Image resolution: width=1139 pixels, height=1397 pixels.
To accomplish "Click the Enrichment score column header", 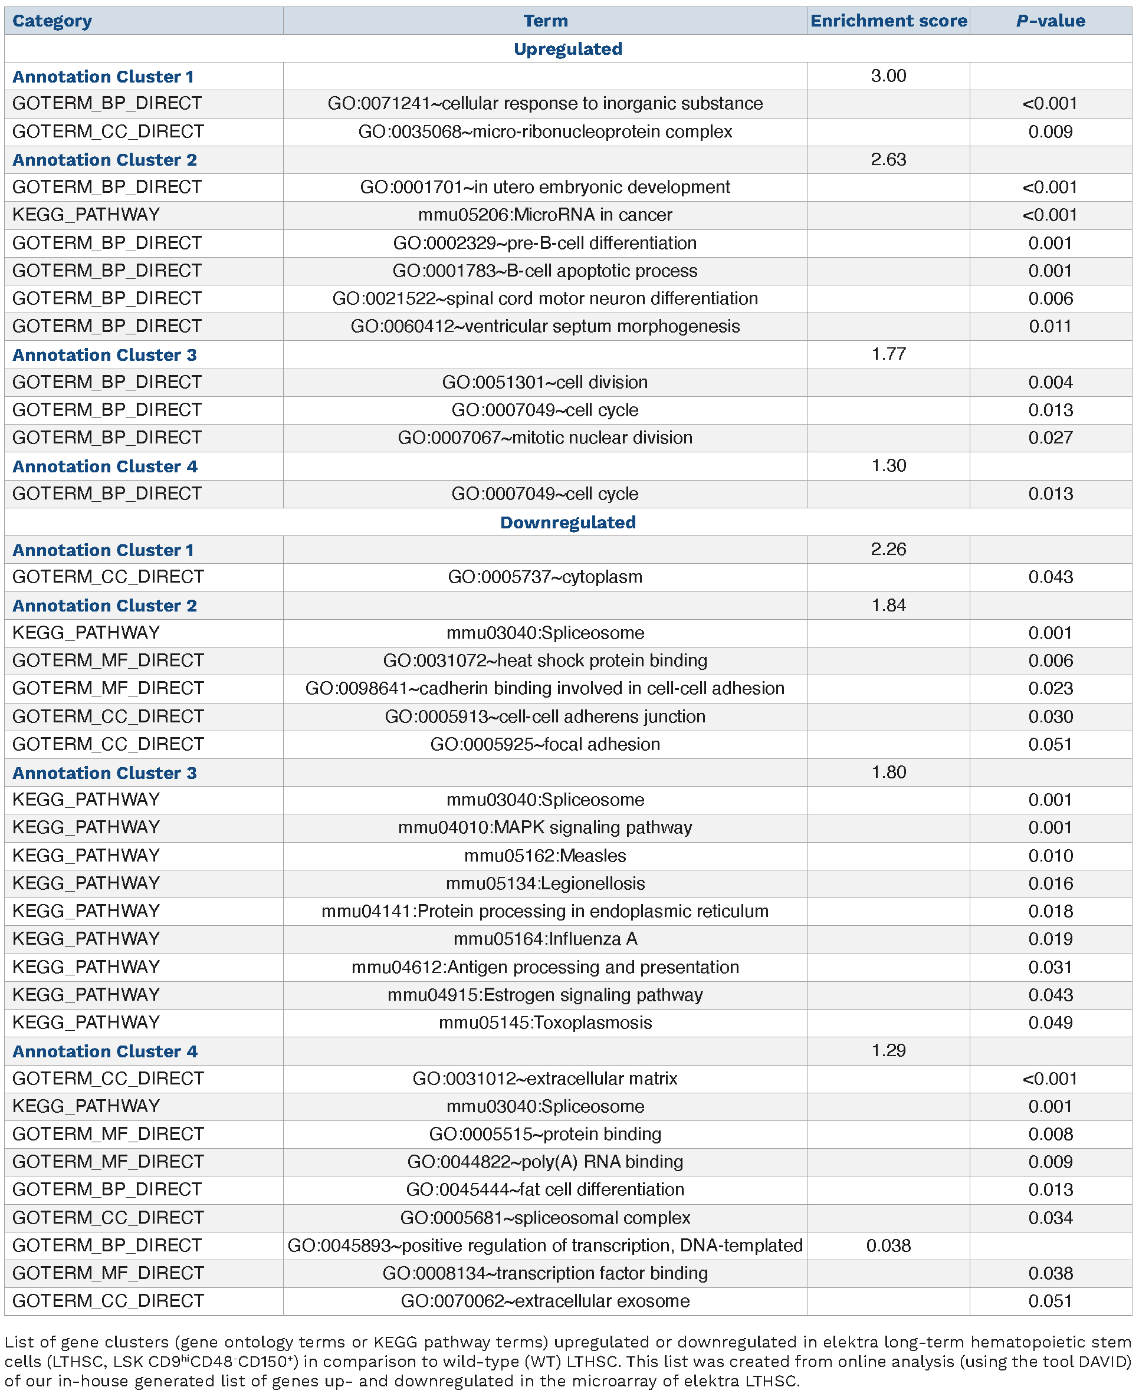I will pos(888,21).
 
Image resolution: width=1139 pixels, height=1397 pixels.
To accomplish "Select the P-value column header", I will pos(1050,21).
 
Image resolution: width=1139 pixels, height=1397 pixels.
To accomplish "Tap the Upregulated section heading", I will pos(567,49).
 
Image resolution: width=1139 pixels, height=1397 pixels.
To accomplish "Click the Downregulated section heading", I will pos(567,522).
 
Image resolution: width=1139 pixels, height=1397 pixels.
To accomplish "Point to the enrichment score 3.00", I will pos(888,76).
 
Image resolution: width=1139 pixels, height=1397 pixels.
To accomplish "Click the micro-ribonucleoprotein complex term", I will pos(544,132).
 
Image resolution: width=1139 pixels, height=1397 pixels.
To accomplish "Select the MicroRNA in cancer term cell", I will pos(544,215).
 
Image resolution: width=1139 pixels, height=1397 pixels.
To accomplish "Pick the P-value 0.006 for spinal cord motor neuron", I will pos(1050,299).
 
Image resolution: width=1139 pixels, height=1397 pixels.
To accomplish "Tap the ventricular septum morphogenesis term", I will pos(544,327).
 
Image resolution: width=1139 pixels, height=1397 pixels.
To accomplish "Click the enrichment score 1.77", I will pos(888,354).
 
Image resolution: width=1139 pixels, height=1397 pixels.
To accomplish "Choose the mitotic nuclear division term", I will pos(544,438).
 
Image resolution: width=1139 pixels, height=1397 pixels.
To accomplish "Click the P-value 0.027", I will pos(1050,438).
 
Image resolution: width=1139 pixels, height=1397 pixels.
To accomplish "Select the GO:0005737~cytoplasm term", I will pos(544,577).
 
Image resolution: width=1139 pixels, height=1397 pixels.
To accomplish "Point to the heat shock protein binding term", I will pos(544,660).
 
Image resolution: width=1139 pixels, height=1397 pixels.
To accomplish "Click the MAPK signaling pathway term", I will pos(544,828).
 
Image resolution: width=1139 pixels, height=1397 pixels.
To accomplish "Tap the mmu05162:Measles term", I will pos(544,856).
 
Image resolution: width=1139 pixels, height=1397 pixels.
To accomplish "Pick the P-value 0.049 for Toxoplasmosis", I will pos(1050,1023).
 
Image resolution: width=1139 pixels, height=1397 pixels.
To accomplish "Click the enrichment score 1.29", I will pos(888,1051).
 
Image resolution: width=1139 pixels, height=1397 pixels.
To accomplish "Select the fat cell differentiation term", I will pos(544,1190).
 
